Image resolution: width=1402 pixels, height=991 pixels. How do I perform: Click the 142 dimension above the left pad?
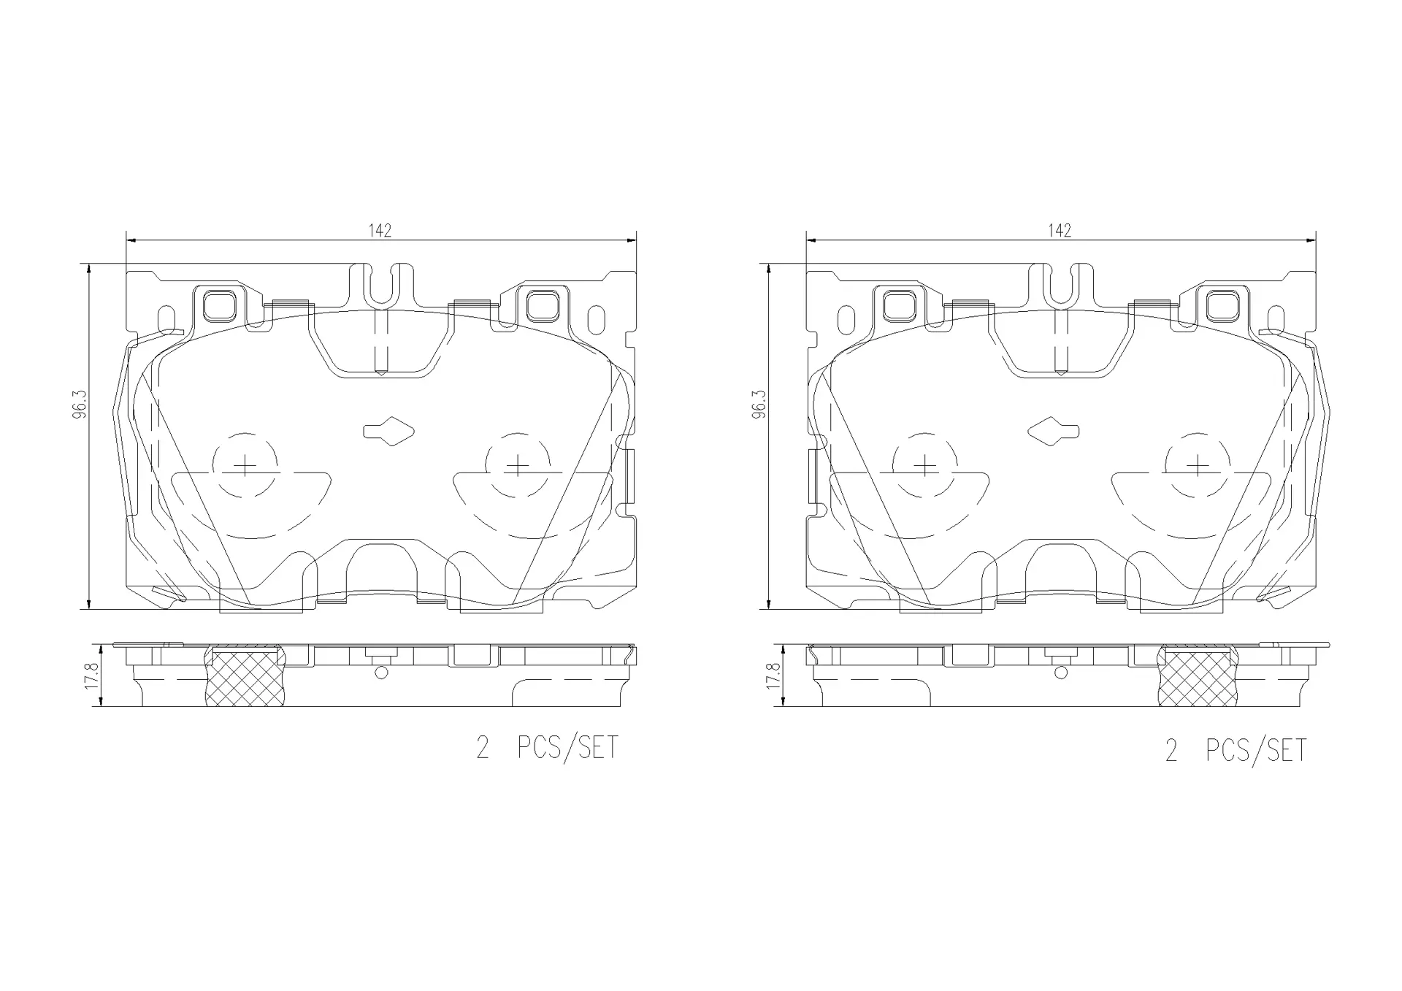pos(380,231)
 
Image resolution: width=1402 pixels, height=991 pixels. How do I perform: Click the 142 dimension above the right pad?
pos(1060,231)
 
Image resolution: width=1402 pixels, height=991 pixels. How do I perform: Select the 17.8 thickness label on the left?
pos(91,676)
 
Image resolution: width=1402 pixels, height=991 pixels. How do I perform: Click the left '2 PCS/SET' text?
pos(547,747)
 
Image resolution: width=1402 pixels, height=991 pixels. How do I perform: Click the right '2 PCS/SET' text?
pos(1236,751)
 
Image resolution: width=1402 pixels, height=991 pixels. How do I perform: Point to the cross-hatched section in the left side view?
pos(245,677)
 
